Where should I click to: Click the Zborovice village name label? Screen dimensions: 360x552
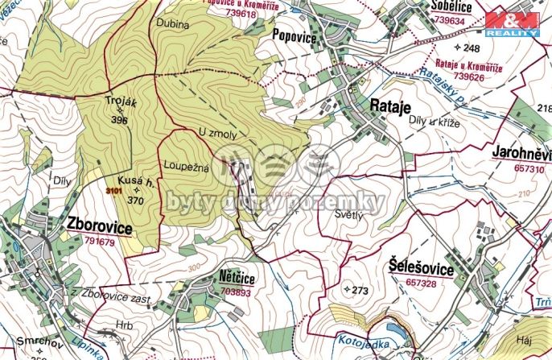95,227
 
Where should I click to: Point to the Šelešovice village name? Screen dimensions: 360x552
421,269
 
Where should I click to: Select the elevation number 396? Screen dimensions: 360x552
120,120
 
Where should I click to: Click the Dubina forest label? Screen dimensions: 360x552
173,25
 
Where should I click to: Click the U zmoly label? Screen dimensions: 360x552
217,135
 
